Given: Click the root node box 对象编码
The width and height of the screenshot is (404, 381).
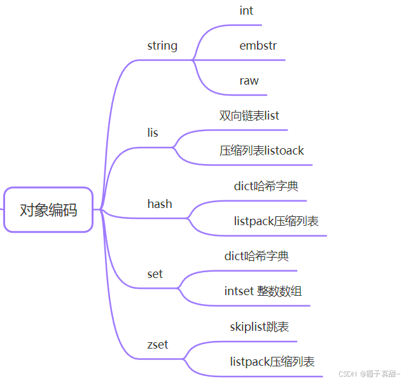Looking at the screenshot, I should coord(48,209).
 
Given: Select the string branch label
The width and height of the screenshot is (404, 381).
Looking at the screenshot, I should coord(162,46).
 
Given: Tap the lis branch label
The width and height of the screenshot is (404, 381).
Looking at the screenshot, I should coord(153,133).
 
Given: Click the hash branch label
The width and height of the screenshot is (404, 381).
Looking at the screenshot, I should coord(160,204).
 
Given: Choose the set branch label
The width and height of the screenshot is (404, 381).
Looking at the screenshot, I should coord(155,274).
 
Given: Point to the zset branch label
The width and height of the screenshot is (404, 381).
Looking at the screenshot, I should coord(158,345).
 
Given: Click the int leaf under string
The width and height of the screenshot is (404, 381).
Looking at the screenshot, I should coord(246,11).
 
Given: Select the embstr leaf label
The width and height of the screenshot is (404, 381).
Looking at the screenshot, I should coord(258,46).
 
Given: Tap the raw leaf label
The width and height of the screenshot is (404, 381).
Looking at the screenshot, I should coord(249,81).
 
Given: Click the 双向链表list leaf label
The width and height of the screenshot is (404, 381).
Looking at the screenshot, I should coord(249,116).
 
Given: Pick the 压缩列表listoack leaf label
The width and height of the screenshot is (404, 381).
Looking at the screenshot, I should coord(261,151).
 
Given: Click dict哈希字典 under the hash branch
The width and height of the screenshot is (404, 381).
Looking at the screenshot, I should coord(266,186).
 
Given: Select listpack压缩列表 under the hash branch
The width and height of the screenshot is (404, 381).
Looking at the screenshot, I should coord(276,221).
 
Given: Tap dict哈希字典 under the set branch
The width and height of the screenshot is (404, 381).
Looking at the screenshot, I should coord(256,256).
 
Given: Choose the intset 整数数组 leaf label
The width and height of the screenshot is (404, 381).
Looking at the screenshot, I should coord(263,291).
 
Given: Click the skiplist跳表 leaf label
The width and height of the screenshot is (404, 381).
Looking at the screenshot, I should coord(260,327).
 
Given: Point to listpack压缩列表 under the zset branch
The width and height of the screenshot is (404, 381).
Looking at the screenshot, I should coord(272,362).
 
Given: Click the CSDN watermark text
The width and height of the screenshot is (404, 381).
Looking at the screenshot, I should coord(347,374).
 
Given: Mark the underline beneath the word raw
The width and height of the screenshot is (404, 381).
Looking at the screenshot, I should coord(254,95).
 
